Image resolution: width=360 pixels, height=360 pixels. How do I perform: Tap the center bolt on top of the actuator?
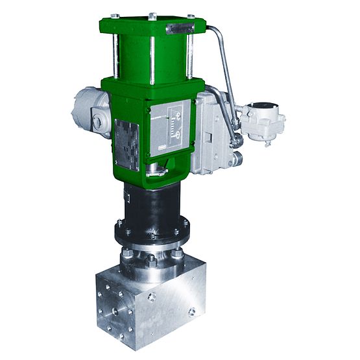152,16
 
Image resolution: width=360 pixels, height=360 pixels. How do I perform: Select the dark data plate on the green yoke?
126,144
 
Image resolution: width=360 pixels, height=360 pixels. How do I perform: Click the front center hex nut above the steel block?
150,260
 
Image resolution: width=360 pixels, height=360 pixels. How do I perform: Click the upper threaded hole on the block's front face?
151,297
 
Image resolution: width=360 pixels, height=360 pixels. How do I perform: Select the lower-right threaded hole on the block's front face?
193,312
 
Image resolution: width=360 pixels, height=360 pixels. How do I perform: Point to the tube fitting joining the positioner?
237,139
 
